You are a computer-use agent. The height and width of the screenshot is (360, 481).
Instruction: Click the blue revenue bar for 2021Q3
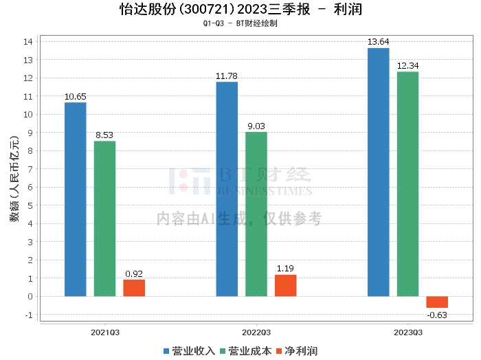click(x=76, y=199)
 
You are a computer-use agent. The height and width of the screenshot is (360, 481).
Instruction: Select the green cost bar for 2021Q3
click(x=104, y=218)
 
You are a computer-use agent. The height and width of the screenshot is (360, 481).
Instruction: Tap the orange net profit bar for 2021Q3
click(x=134, y=288)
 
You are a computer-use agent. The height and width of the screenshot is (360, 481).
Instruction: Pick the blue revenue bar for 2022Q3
click(x=227, y=189)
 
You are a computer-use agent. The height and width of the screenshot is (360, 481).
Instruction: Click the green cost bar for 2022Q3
click(x=256, y=214)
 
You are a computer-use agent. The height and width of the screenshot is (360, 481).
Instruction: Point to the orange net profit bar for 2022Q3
click(x=285, y=285)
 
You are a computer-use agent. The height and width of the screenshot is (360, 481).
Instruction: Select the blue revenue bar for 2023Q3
click(x=378, y=172)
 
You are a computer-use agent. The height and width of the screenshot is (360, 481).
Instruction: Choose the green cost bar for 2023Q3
click(x=407, y=183)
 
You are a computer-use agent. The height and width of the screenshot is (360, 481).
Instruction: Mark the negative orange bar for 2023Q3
click(x=437, y=302)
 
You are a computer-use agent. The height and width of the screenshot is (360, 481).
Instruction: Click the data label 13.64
click(x=378, y=42)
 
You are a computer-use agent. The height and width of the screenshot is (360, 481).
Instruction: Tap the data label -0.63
click(x=437, y=315)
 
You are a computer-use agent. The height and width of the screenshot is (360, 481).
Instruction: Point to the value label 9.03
click(x=256, y=126)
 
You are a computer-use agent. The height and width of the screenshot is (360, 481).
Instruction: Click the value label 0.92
click(x=134, y=273)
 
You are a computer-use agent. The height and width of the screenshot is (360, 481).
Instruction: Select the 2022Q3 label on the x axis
click(x=256, y=333)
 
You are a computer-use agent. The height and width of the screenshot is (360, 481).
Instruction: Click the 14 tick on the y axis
click(x=28, y=41)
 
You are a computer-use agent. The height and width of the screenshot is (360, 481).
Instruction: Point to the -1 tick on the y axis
click(x=28, y=315)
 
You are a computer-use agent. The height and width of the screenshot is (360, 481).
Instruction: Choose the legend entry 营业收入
click(x=189, y=351)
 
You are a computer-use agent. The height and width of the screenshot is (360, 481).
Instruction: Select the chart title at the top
click(x=240, y=10)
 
